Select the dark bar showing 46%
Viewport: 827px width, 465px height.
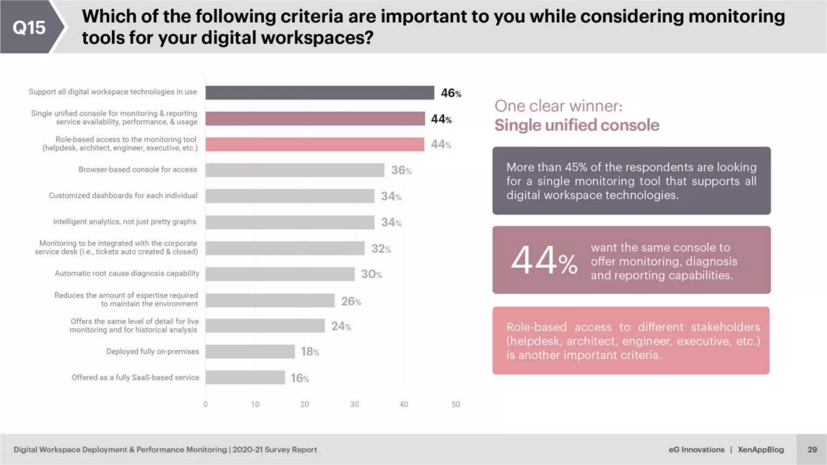click(319, 93)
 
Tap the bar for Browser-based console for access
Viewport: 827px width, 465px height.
click(295, 170)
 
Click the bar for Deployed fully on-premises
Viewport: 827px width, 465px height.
click(250, 352)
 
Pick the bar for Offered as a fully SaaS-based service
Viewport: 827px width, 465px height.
click(245, 377)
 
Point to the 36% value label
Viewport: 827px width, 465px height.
click(401, 170)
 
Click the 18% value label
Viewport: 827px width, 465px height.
click(310, 352)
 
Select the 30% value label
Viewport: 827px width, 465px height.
click(371, 274)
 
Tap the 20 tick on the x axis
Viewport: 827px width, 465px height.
click(304, 404)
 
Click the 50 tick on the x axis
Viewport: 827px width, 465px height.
click(455, 404)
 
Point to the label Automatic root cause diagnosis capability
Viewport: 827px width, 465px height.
click(127, 273)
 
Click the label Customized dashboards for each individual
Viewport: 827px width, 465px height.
click(123, 195)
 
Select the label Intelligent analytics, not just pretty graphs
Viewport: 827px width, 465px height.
click(124, 222)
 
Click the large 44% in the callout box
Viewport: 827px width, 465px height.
click(544, 260)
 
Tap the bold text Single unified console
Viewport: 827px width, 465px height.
click(577, 125)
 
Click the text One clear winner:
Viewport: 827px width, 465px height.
click(558, 106)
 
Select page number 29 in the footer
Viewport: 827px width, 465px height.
click(812, 449)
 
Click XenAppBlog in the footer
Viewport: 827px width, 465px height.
click(760, 449)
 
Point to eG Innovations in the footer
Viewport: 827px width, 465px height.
click(696, 449)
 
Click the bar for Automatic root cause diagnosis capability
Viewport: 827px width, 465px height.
click(280, 274)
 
